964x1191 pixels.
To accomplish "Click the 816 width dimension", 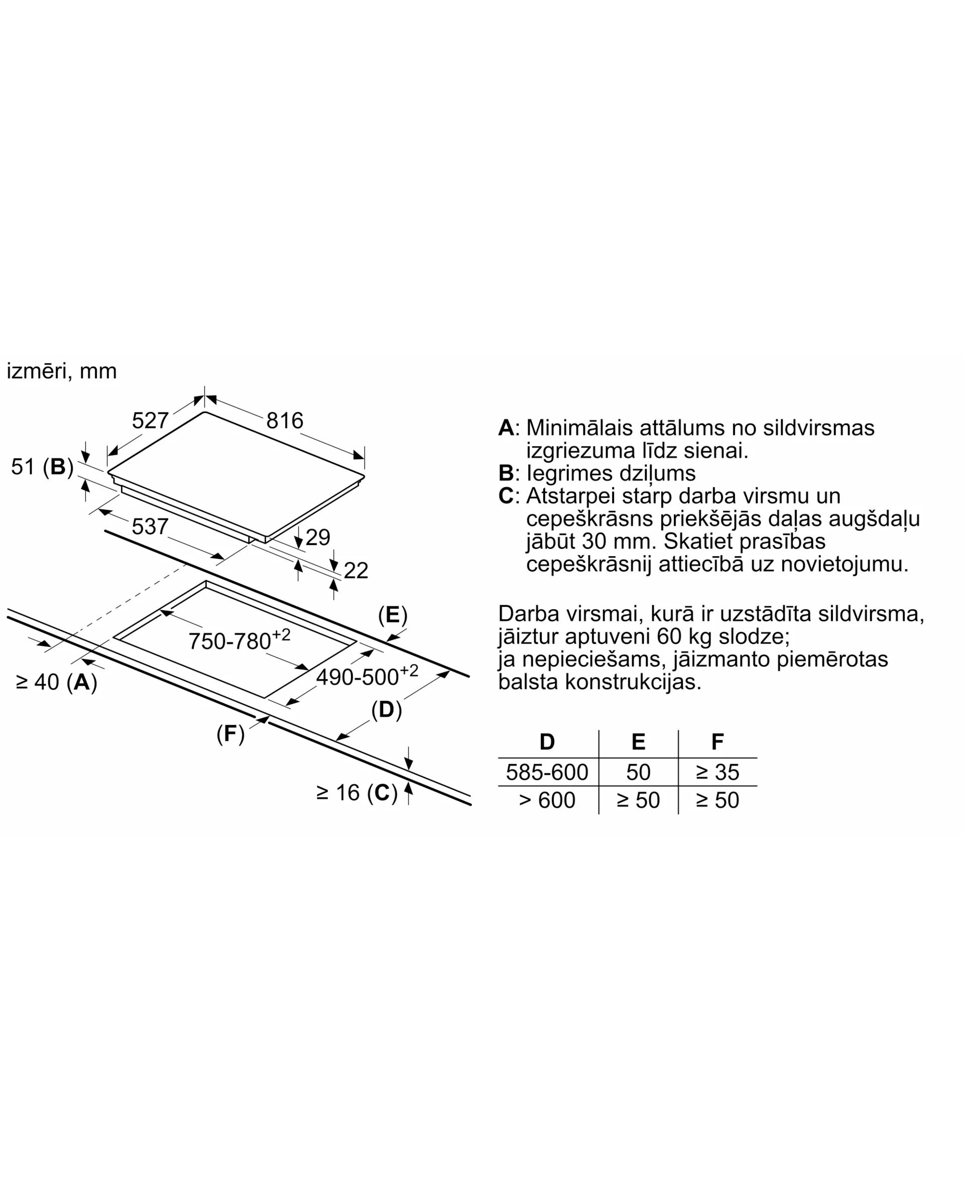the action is pos(285,420).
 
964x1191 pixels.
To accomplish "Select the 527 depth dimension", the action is pos(150,420).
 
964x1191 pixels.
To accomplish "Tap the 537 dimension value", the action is pos(150,526).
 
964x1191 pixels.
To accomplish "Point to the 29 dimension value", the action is pos(318,537).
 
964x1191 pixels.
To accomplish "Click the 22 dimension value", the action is pos(356,571).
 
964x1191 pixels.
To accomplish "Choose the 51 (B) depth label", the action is pos(43,467).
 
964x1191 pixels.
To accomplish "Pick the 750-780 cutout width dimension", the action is pos(239,639).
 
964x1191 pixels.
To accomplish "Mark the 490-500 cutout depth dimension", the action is pos(367,675).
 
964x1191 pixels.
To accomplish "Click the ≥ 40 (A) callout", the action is pos(57,682).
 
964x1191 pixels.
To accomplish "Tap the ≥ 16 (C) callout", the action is pos(357,793).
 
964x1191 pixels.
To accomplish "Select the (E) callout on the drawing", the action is pos(393,615).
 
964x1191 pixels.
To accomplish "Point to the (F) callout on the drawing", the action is pos(230,734).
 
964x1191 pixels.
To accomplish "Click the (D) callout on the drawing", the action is pos(387,710).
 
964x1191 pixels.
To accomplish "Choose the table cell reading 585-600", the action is pos(547,772).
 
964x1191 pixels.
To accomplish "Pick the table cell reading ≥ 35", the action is pos(717,772).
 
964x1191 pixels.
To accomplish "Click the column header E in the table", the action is pos(639,741).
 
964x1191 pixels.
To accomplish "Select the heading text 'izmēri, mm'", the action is pos(62,371).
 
